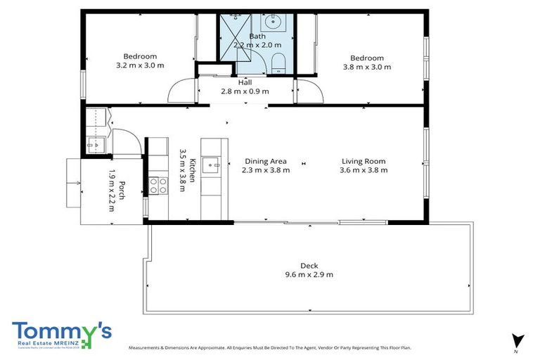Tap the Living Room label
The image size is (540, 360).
(363, 161)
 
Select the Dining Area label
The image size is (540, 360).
(265, 161)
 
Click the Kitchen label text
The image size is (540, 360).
(193, 171)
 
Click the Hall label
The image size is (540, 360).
(245, 82)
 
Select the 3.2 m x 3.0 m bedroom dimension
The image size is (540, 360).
(140, 66)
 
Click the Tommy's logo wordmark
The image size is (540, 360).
(60, 331)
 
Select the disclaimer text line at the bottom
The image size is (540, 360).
(269, 347)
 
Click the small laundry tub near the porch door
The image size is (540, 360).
(95, 145)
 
